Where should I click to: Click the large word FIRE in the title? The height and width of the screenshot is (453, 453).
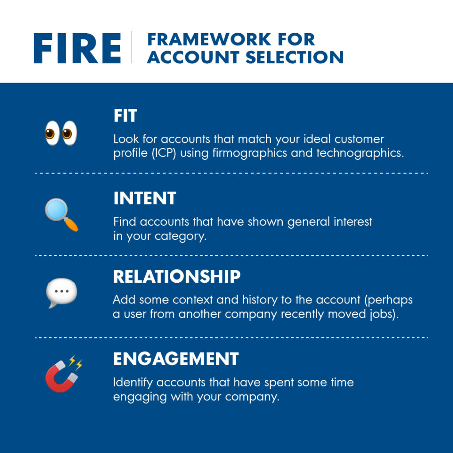tap(77, 47)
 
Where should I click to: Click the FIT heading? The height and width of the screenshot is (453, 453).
tap(125, 116)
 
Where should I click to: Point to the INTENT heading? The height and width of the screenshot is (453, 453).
tap(145, 198)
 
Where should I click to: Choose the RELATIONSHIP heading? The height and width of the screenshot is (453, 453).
tap(177, 277)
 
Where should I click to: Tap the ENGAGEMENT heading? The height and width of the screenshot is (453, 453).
tap(176, 359)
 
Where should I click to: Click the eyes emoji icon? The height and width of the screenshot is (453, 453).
tap(61, 132)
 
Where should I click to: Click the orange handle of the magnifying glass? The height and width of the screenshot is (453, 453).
tap(72, 224)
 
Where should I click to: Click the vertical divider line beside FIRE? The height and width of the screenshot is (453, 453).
tap(132, 47)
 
